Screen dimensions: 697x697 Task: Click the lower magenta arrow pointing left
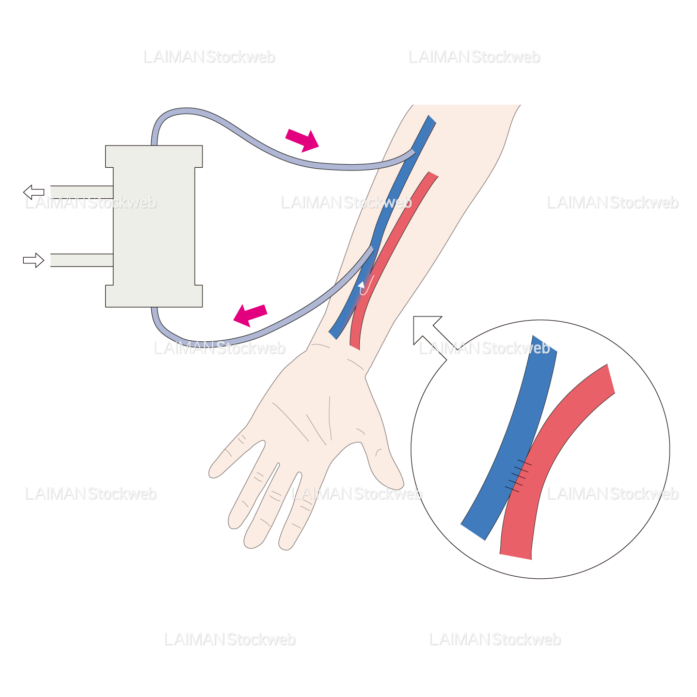click(250, 314)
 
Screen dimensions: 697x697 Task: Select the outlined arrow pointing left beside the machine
click(34, 192)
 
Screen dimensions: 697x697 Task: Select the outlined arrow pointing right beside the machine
click(34, 260)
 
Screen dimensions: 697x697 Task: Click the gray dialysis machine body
click(154, 226)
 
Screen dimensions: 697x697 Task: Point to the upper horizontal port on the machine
click(82, 192)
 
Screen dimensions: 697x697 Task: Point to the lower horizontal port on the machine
click(82, 260)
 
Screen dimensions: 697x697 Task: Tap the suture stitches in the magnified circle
click(518, 475)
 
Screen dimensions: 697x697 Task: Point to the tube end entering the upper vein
click(411, 152)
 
